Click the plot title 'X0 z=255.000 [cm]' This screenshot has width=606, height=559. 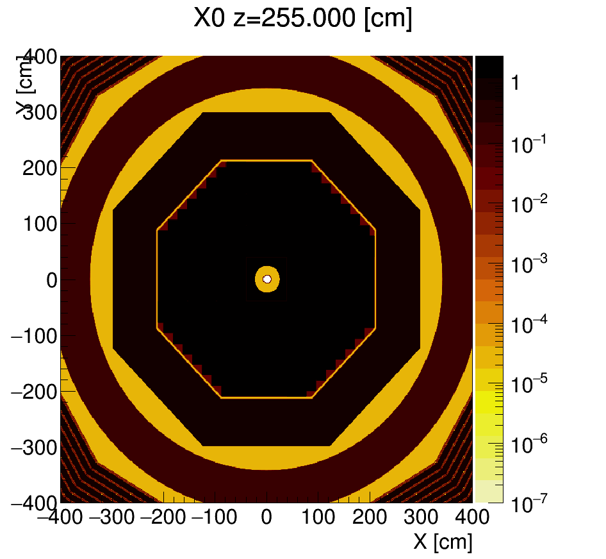tap(303, 19)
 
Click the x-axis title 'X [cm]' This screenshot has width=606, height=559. tap(443, 542)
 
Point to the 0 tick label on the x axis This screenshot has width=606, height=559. tap(266, 517)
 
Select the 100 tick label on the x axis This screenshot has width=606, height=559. tap(318, 517)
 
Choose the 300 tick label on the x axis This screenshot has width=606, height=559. tap(421, 517)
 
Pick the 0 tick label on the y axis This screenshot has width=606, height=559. tap(49, 279)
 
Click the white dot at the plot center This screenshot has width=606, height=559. tap(267, 279)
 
